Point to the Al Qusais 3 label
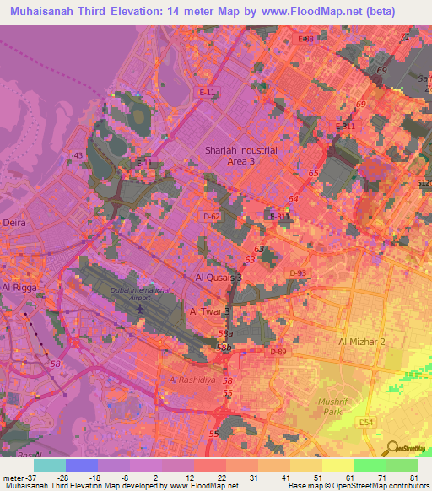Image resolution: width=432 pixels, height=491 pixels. coord(219,277)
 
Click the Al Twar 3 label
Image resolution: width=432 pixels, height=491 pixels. coord(209,311)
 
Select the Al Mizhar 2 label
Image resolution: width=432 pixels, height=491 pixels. coord(361,342)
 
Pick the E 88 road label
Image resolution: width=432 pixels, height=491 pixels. coord(305,39)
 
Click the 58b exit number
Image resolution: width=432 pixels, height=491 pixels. coord(224,347)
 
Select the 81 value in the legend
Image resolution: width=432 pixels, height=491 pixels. coord(413,478)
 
